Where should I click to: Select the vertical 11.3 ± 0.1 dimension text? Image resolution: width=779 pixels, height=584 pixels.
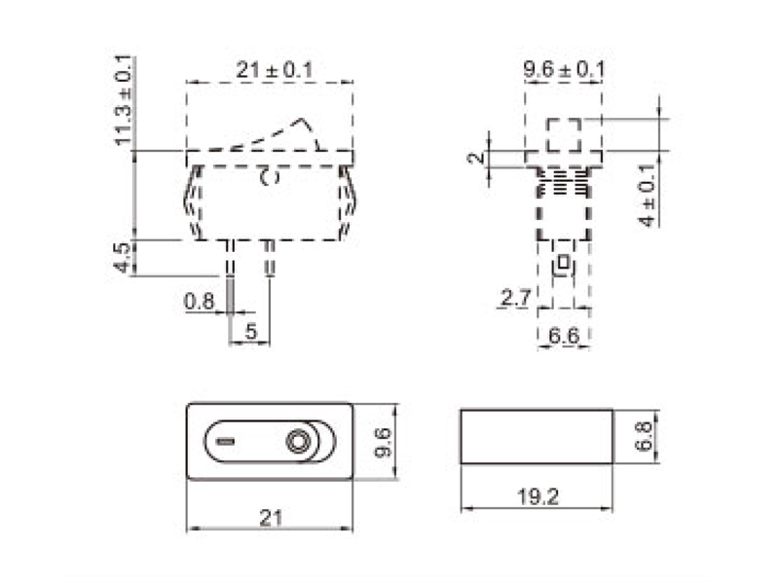tap(123, 101)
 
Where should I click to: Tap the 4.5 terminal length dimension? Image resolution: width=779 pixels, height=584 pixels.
tap(121, 257)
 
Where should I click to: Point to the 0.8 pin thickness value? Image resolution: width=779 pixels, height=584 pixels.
tap(199, 302)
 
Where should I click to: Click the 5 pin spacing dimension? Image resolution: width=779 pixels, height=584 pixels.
tap(251, 332)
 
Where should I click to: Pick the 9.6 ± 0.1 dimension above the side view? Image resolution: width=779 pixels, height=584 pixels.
tap(564, 70)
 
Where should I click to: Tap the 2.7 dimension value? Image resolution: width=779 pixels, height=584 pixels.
tap(512, 298)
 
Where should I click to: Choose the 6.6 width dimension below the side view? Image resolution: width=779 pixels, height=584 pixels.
tap(564, 336)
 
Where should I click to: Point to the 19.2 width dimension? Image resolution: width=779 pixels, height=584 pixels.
tap(538, 495)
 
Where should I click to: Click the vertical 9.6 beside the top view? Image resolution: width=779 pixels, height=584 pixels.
tap(383, 442)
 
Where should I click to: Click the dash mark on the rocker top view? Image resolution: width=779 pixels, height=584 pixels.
tap(226, 443)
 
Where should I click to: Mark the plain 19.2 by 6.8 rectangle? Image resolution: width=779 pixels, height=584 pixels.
tap(538, 437)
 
